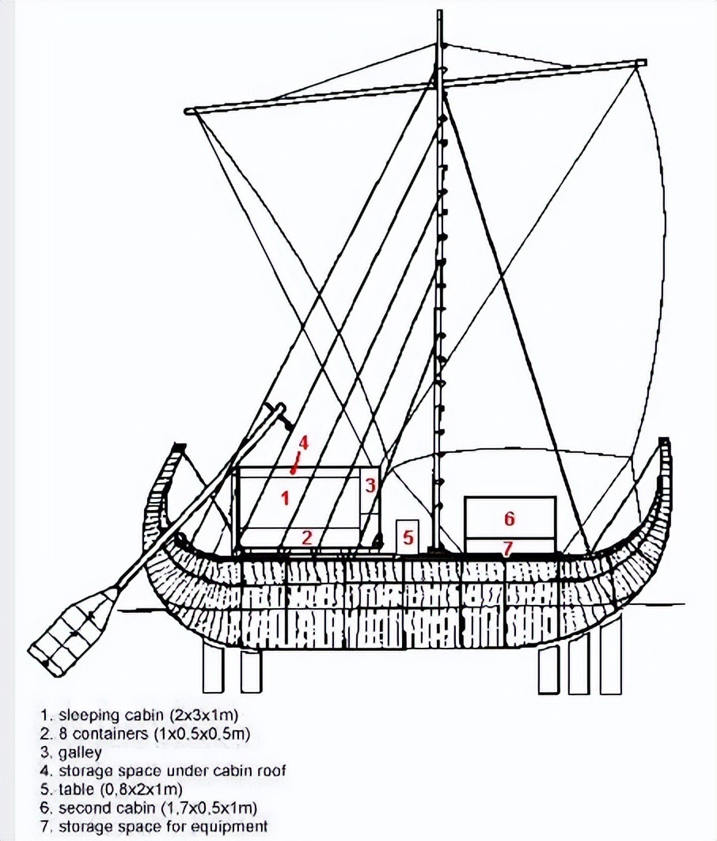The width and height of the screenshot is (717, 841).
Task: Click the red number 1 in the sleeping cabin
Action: click(x=286, y=498)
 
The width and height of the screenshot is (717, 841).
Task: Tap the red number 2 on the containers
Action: click(x=306, y=538)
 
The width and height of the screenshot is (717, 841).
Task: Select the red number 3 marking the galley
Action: click(x=370, y=485)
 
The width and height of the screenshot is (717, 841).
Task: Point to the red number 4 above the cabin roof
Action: click(x=304, y=443)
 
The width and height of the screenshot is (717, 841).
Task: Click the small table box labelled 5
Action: click(x=408, y=536)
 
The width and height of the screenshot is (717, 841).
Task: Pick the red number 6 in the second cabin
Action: click(x=510, y=518)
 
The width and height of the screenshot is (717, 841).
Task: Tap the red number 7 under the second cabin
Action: click(x=507, y=548)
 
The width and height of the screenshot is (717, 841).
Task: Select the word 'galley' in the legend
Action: click(x=80, y=752)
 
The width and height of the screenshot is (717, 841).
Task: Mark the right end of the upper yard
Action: click(x=639, y=63)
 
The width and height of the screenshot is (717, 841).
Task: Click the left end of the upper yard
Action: click(x=188, y=112)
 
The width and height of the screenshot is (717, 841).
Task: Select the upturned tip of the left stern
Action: click(x=178, y=446)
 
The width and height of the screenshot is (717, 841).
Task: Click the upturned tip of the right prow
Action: click(x=665, y=441)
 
